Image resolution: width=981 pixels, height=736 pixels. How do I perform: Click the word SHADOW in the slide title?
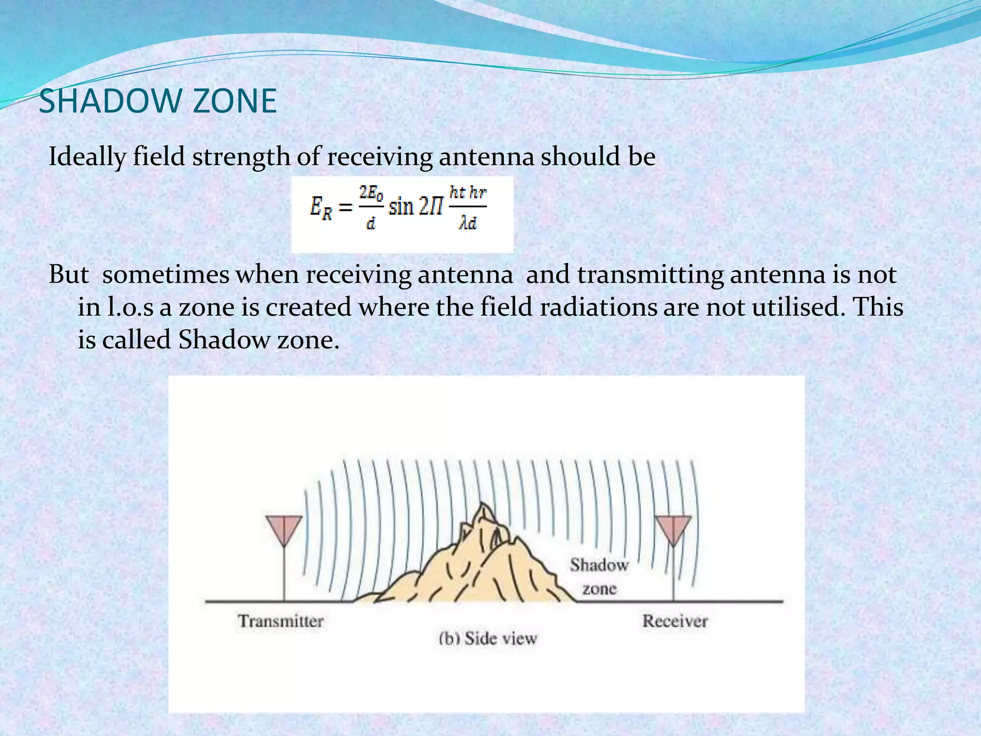click(109, 101)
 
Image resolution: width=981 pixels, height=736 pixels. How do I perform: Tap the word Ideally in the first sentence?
click(87, 157)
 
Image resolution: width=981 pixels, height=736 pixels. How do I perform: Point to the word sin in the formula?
click(401, 207)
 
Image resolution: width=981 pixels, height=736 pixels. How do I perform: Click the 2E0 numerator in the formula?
click(371, 193)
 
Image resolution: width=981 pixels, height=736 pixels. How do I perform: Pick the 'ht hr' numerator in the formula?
click(468, 193)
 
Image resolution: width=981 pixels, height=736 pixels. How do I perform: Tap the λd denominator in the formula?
click(468, 223)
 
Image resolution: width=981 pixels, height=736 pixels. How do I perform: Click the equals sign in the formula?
click(346, 207)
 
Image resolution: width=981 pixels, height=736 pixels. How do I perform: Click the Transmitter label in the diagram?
click(281, 621)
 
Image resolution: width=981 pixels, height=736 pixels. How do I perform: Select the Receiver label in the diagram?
click(675, 621)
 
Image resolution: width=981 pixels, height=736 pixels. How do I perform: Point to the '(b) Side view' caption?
click(488, 638)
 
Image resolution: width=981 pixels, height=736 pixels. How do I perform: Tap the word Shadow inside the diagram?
click(599, 565)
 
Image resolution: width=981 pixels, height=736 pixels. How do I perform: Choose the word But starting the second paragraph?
click(69, 275)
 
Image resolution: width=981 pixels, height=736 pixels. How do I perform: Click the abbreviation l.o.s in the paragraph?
click(130, 307)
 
